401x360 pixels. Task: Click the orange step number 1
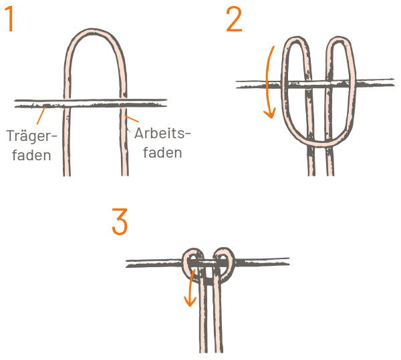click(9, 19)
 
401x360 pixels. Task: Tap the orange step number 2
click(234, 19)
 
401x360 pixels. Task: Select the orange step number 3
click(120, 221)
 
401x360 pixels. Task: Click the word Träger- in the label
click(31, 136)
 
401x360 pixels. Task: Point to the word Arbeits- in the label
click(163, 133)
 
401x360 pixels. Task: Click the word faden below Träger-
click(31, 155)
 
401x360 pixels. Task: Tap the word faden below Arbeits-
click(162, 152)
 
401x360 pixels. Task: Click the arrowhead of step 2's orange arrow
click(270, 114)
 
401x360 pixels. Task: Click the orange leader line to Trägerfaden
click(41, 116)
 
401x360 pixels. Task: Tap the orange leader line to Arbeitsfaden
click(132, 119)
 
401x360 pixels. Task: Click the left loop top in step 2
click(296, 39)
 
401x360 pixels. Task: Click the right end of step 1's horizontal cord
click(166, 103)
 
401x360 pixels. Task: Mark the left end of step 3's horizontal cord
click(127, 264)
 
